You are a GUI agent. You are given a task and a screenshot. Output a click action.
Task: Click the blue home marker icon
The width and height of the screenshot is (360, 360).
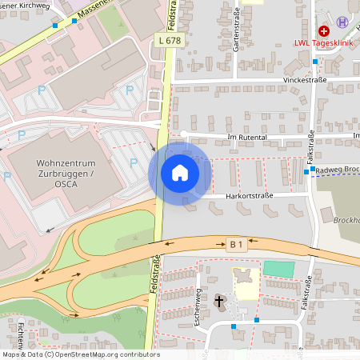tap(179, 173)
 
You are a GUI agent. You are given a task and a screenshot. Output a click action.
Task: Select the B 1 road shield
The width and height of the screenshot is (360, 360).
tap(235, 244)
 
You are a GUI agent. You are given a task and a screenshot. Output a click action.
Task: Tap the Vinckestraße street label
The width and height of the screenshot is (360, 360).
tap(306, 81)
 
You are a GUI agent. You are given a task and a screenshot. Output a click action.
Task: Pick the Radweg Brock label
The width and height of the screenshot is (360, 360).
tap(337, 170)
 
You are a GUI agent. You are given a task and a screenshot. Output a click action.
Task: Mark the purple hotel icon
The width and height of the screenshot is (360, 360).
tap(342, 22)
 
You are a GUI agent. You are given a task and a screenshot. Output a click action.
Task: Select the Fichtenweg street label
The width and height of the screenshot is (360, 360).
tap(18, 336)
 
